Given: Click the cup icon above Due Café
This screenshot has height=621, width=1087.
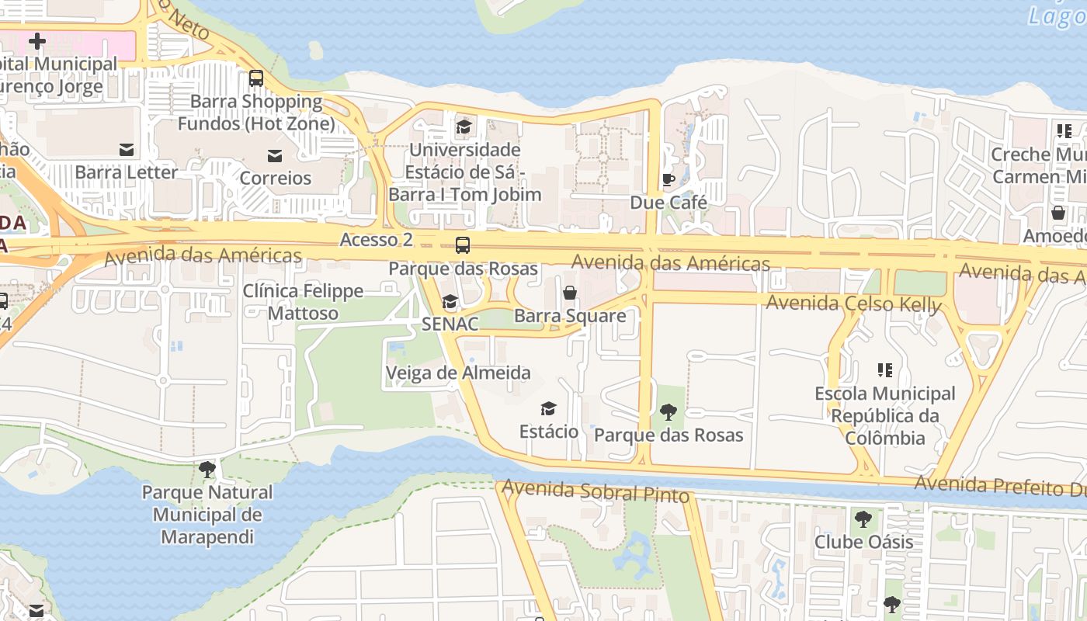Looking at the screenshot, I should click(x=668, y=180).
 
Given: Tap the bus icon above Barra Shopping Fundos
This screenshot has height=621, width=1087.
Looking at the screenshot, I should click(x=255, y=78).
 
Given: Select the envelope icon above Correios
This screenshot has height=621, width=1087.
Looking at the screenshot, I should click(x=275, y=156).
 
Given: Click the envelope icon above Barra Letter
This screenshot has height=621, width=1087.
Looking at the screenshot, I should click(x=126, y=150).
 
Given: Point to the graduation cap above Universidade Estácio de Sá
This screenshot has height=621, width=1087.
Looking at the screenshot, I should click(x=464, y=127).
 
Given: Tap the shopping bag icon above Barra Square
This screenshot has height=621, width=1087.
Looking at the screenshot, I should click(x=570, y=293).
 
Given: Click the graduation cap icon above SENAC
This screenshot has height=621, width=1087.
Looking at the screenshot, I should click(x=450, y=302).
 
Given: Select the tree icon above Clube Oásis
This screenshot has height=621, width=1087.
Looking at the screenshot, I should click(x=863, y=519).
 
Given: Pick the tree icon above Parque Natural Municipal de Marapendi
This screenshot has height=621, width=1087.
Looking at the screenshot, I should click(x=207, y=469).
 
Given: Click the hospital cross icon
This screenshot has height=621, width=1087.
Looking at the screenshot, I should click(x=36, y=41).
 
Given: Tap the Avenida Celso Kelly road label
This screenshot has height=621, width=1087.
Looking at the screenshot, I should click(x=853, y=303).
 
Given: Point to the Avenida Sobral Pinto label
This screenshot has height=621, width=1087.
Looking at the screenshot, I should click(x=596, y=491).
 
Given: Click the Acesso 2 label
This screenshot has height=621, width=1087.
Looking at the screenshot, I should click(x=376, y=240).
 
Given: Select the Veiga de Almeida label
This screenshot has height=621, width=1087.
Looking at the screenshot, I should click(x=458, y=373).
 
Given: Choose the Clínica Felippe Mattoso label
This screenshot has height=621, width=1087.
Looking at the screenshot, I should click(x=303, y=302).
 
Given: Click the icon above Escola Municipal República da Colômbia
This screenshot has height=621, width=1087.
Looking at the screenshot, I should click(x=884, y=370).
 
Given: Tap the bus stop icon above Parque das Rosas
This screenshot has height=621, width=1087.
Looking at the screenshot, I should click(x=463, y=245).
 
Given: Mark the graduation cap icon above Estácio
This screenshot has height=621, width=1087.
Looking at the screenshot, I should click(x=549, y=408).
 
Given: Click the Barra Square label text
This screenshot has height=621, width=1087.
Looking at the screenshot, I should click(x=570, y=316).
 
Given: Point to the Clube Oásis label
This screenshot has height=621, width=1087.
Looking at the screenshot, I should click(x=863, y=542).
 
